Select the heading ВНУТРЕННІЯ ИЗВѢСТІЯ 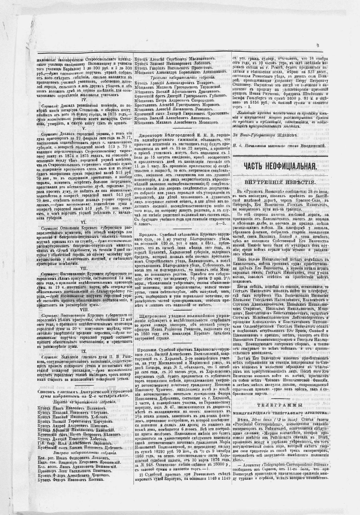pos(279,182)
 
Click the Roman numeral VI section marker pos(83,222)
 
